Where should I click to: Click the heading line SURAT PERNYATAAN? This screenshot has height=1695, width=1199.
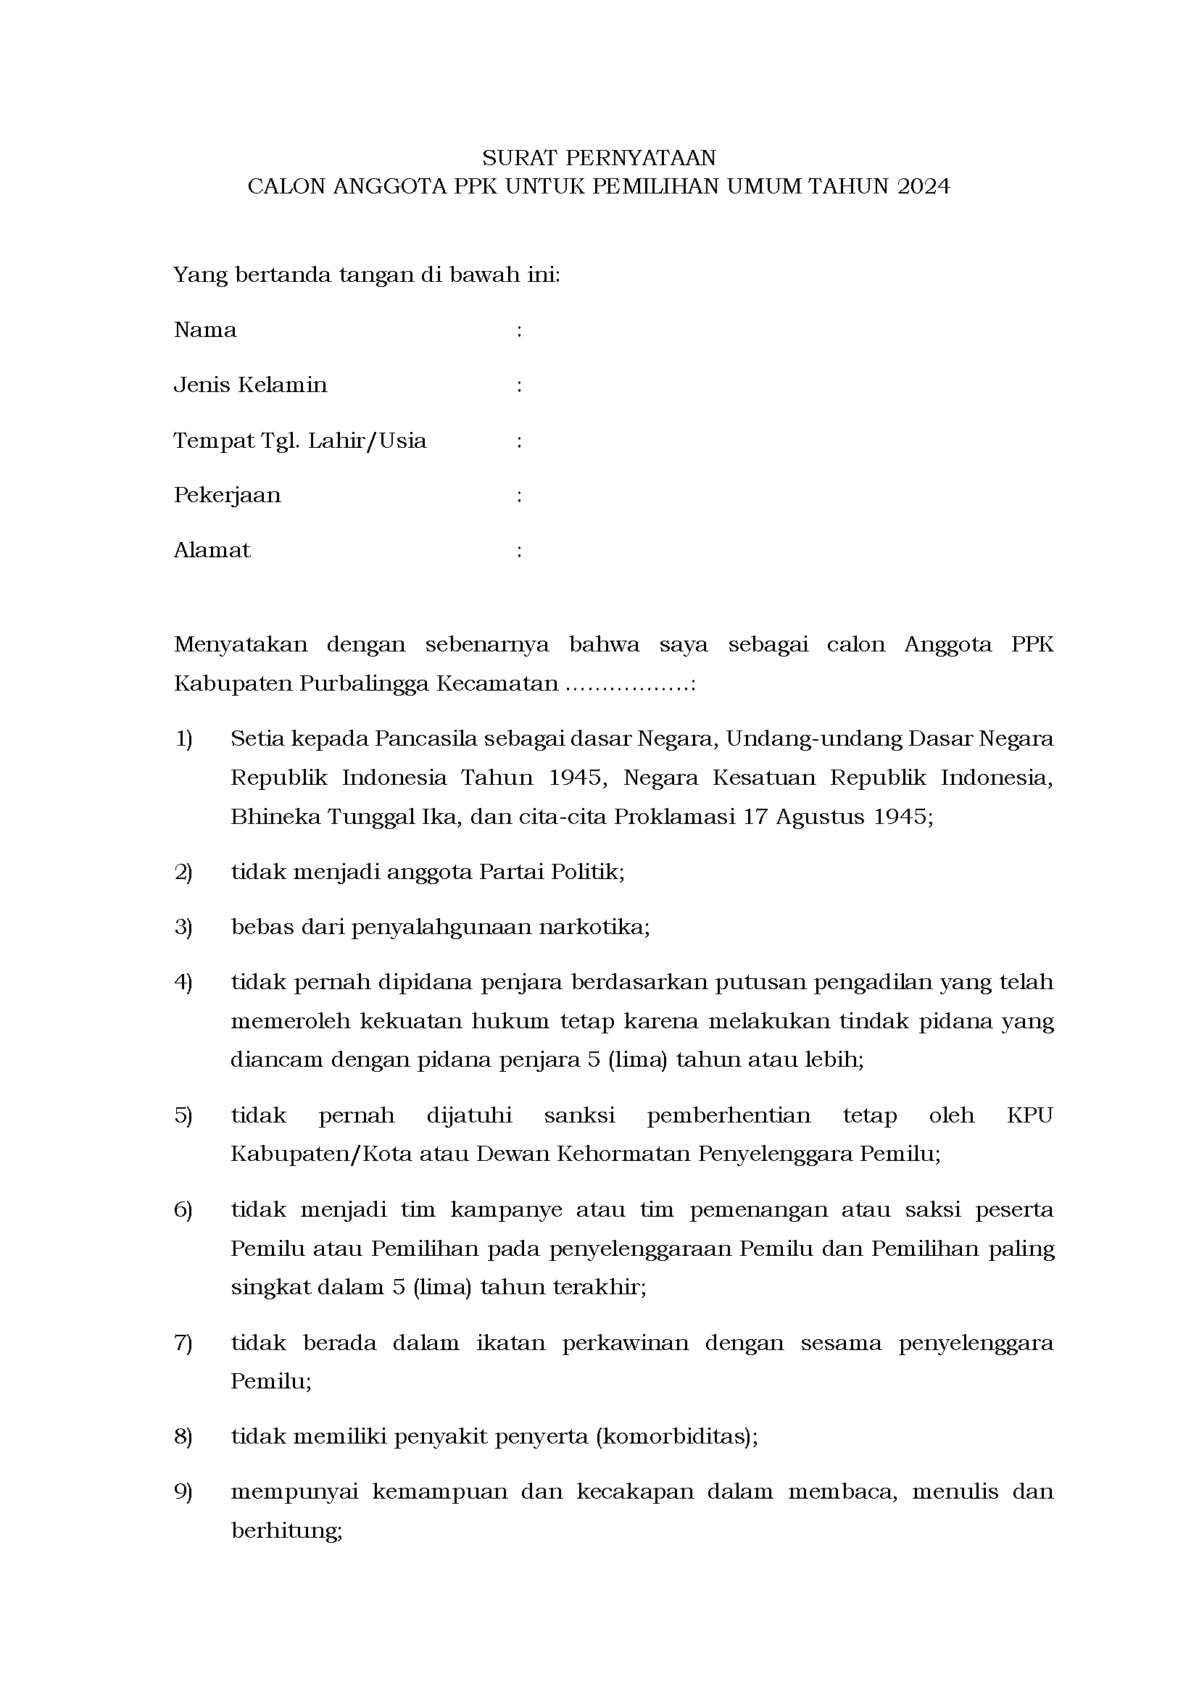pyautogui.click(x=599, y=158)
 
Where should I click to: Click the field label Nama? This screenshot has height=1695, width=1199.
pyautogui.click(x=205, y=330)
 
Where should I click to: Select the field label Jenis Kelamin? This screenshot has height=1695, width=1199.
pyautogui.click(x=250, y=385)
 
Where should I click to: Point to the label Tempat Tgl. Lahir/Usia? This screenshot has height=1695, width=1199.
pyautogui.click(x=300, y=441)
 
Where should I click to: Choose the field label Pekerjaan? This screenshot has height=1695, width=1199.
pyautogui.click(x=228, y=495)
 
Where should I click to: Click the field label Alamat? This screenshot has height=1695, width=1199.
pyautogui.click(x=212, y=550)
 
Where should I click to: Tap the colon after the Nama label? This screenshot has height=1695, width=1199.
pyautogui.click(x=520, y=330)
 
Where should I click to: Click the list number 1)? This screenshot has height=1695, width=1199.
pyautogui.click(x=183, y=738)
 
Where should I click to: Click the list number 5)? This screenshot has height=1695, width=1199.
pyautogui.click(x=183, y=1115)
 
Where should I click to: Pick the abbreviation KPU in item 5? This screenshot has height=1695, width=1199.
pyautogui.click(x=1029, y=1115)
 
